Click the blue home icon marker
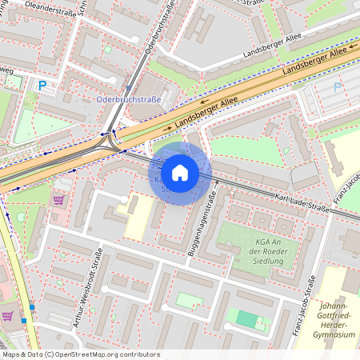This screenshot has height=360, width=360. point(180,172)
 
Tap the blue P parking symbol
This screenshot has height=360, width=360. point(42,85)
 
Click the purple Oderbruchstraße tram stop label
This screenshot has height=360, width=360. point(128,99)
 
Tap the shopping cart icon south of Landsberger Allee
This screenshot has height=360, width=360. point(58,199)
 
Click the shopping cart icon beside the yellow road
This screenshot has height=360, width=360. point(7,316)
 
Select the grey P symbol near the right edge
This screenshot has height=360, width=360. point(337,86)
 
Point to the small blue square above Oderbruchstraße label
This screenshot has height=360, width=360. point(128,89)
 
